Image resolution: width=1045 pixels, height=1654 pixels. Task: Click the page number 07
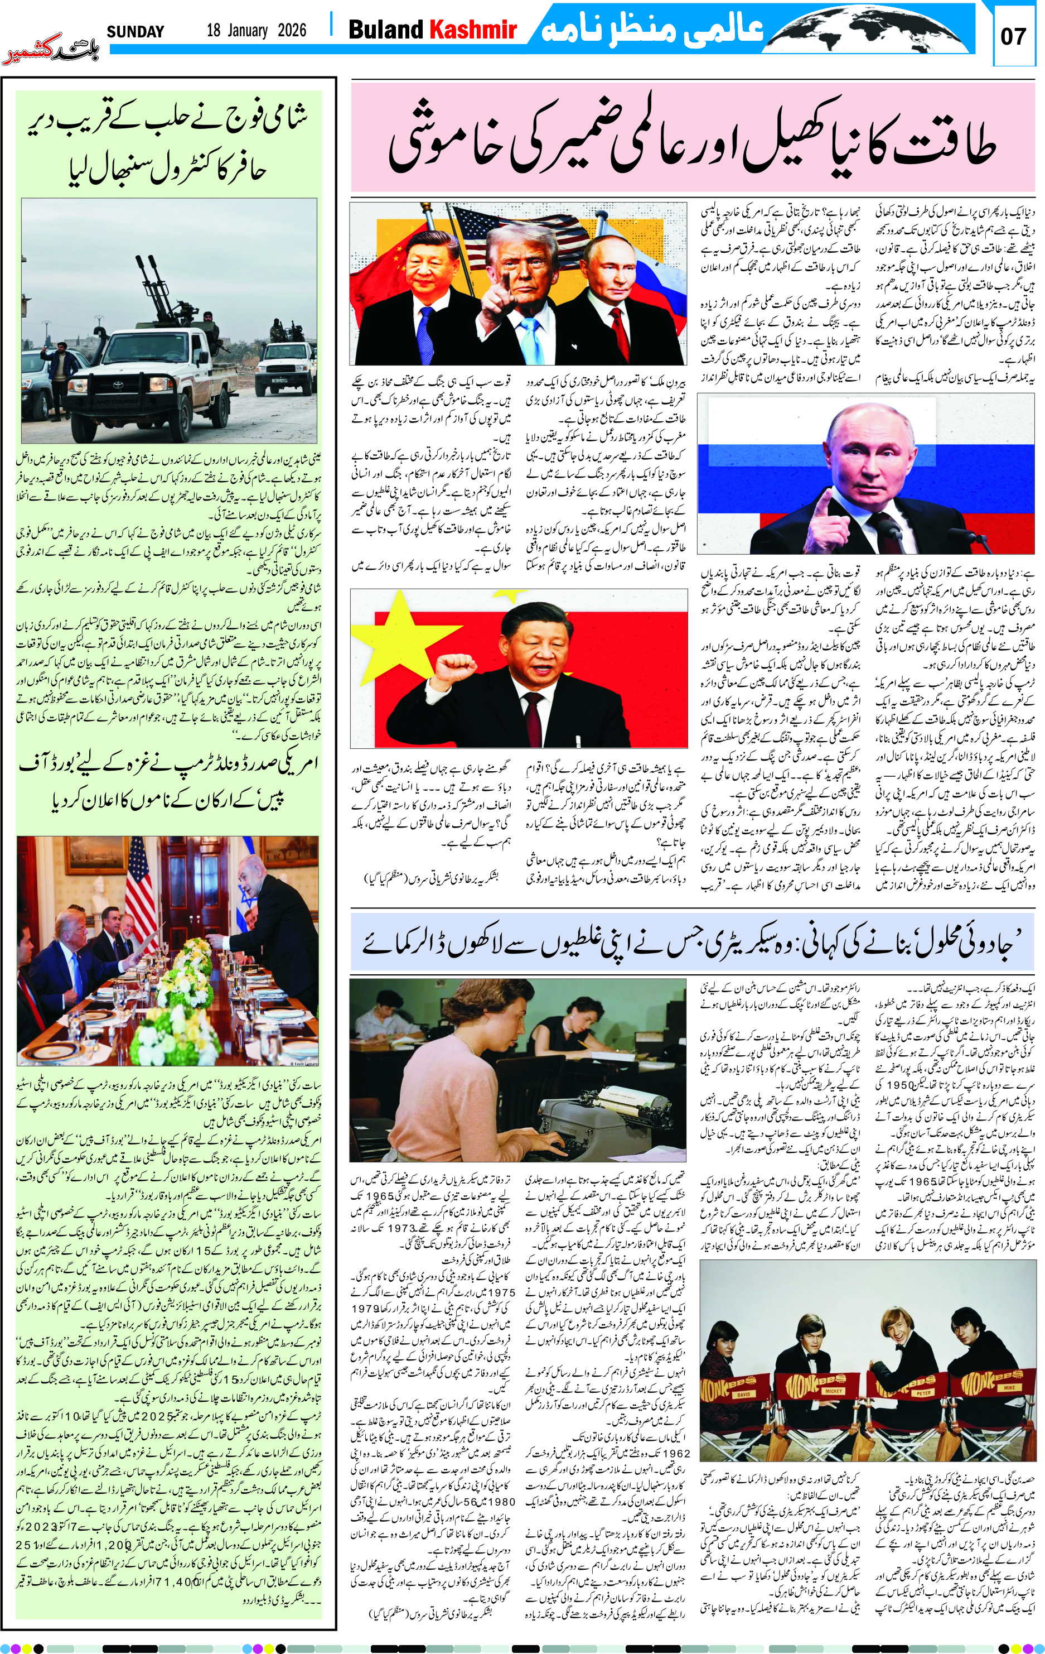(1013, 36)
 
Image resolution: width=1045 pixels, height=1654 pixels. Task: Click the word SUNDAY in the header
(136, 32)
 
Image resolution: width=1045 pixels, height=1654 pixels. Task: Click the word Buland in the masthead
(386, 30)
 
